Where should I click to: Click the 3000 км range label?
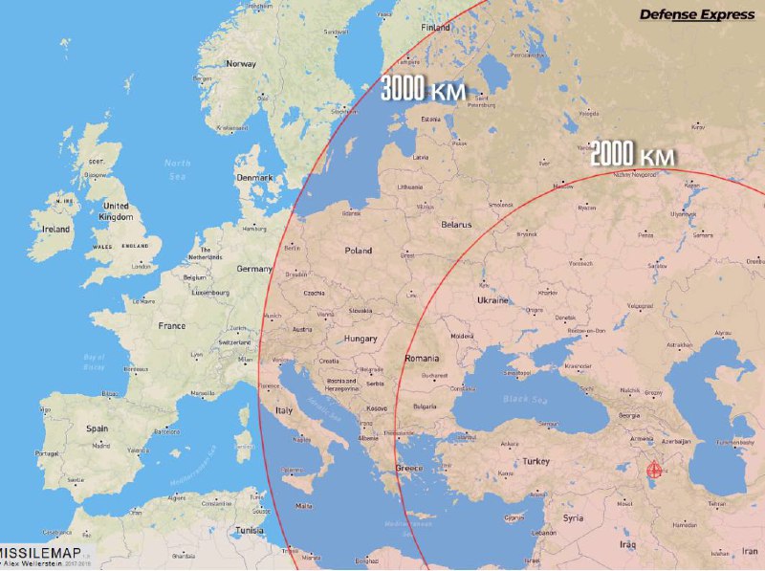(423, 90)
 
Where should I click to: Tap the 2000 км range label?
(633, 155)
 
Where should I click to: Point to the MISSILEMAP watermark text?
(40, 553)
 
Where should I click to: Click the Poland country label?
(358, 251)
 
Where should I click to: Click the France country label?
(172, 325)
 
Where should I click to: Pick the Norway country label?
(240, 64)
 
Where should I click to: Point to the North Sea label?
(177, 169)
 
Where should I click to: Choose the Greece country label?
(409, 468)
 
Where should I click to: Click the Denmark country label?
(255, 178)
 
